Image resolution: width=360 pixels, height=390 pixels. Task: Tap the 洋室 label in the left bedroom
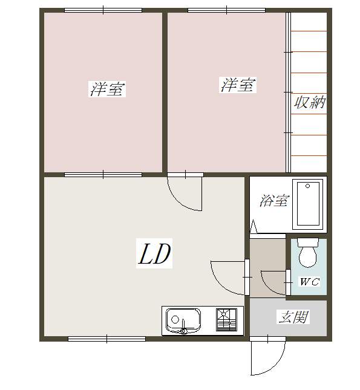pyautogui.click(x=108, y=89)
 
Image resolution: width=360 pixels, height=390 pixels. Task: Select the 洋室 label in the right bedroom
pyautogui.click(x=237, y=85)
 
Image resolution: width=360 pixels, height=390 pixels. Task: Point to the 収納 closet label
pyautogui.click(x=310, y=103)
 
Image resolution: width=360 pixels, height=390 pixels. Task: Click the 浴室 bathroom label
pyautogui.click(x=273, y=201)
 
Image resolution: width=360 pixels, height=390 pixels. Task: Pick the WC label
pyautogui.click(x=309, y=282)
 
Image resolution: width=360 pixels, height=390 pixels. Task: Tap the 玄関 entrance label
pyautogui.click(x=293, y=317)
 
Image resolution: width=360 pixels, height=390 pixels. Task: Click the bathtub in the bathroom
pyautogui.click(x=309, y=203)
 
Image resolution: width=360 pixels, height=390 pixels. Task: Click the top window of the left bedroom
pyautogui.click(x=103, y=10)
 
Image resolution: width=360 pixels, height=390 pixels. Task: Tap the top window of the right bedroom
pyautogui.click(x=226, y=10)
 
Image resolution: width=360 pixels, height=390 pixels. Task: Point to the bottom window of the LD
pyautogui.click(x=106, y=339)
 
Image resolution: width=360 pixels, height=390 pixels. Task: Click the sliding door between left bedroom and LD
pyautogui.click(x=103, y=175)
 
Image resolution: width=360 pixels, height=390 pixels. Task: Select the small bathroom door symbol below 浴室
pyautogui.click(x=254, y=228)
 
